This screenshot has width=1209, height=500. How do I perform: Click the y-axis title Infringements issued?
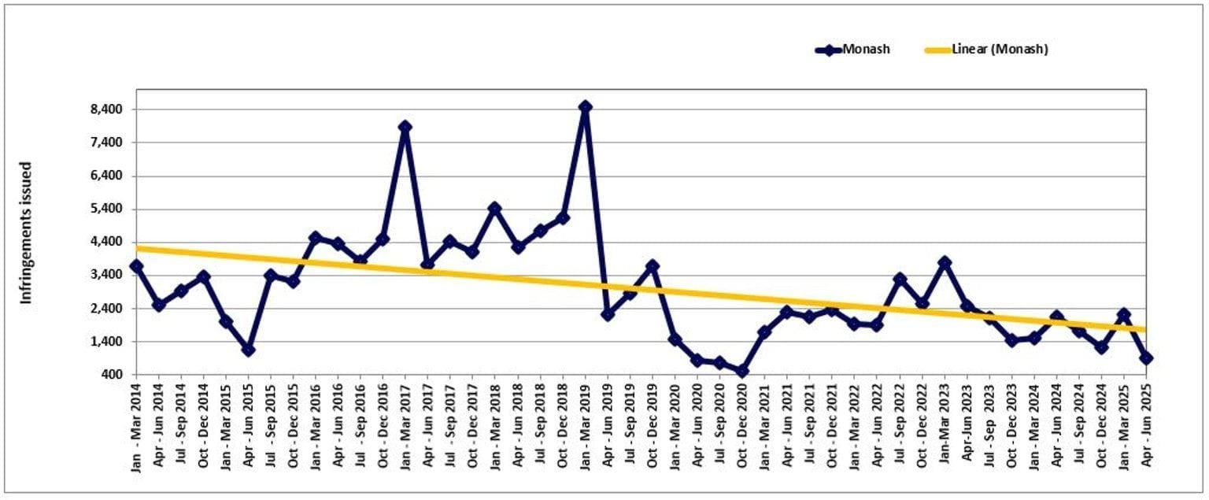tap(26, 233)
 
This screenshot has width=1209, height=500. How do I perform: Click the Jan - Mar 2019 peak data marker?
tap(585, 106)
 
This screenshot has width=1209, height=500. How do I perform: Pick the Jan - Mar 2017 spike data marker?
tap(405, 127)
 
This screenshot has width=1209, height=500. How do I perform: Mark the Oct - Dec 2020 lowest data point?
tap(742, 371)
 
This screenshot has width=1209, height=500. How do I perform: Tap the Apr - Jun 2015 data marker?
tap(248, 350)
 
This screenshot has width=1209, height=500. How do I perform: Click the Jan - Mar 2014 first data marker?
tap(136, 266)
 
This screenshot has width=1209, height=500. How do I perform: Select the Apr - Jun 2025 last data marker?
tap(1146, 358)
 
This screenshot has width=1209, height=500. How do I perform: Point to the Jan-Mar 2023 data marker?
tap(945, 262)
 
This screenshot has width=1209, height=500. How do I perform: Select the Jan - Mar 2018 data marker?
tap(495, 209)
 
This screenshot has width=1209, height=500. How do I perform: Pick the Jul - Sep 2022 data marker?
tap(900, 279)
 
